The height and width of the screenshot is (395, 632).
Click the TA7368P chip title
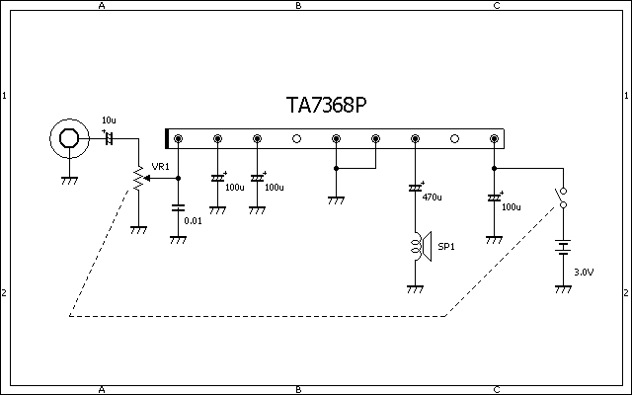point(334,105)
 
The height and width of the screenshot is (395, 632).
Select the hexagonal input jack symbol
point(69,138)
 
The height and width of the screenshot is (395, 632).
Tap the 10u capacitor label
point(109,120)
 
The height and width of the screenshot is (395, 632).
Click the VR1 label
point(160,166)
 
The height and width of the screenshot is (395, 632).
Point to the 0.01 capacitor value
point(194,220)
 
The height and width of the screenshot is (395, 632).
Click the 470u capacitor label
point(432,197)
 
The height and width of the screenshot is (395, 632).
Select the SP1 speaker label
point(445,247)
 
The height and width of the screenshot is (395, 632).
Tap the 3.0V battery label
point(584,272)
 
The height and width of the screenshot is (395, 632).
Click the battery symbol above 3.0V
point(563,247)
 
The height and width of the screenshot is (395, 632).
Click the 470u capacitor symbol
point(415,188)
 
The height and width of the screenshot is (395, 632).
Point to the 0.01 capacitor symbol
point(178,208)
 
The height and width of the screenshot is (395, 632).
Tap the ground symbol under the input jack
point(69,181)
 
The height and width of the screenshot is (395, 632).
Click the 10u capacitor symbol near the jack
point(109,138)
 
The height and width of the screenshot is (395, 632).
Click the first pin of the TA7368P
point(178,139)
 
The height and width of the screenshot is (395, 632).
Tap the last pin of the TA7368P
point(494,139)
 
